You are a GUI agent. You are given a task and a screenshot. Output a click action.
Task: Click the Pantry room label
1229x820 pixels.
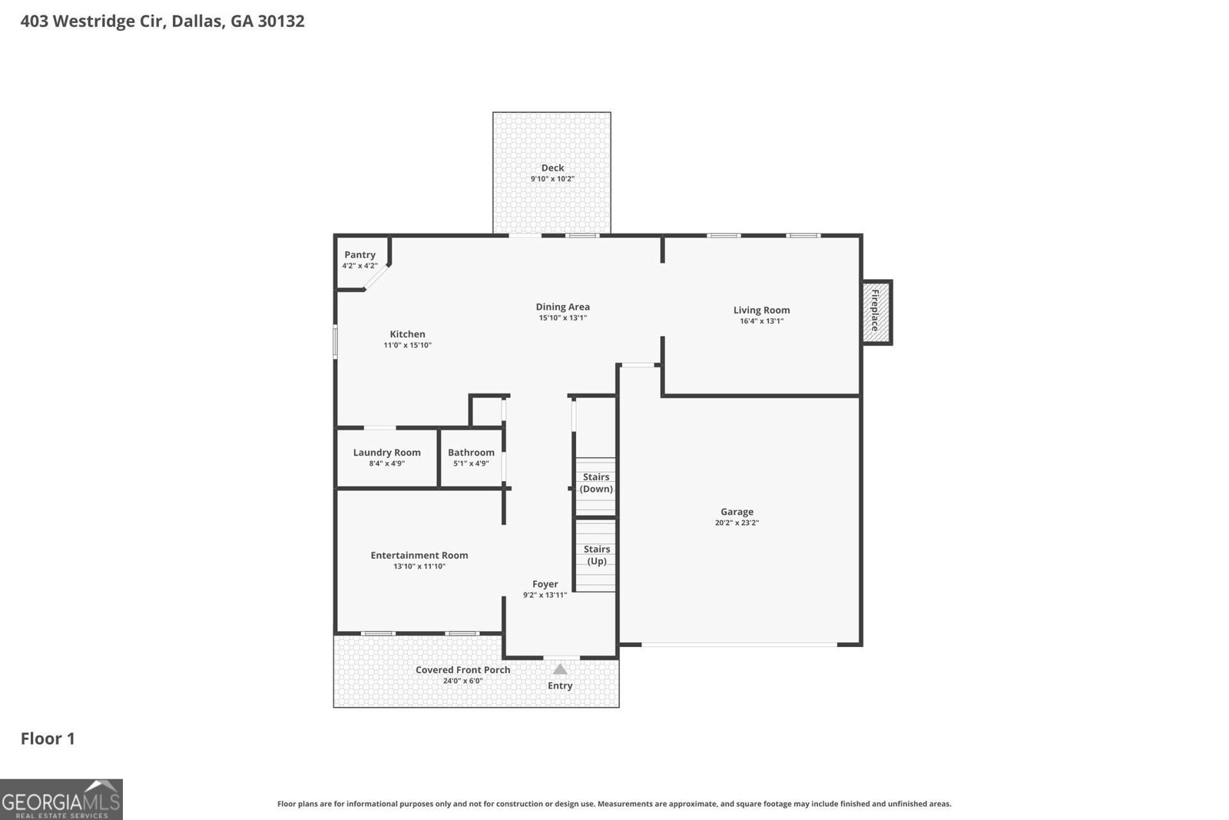tap(359, 254)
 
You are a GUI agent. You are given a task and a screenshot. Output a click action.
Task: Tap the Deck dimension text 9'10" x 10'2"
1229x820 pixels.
tap(552, 179)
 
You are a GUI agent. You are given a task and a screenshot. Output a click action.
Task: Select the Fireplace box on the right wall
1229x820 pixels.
tap(876, 312)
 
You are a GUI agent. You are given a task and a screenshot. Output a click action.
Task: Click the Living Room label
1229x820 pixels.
tap(761, 310)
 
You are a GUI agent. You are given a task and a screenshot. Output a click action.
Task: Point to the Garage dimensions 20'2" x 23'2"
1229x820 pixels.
tap(737, 523)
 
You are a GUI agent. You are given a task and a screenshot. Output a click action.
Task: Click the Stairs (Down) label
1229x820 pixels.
tap(596, 483)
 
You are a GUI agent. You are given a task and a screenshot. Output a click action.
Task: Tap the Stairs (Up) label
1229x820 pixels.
tap(597, 555)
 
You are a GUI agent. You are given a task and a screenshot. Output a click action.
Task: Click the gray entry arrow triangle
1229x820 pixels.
tap(560, 669)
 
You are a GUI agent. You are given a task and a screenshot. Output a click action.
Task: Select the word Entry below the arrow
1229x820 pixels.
tap(560, 686)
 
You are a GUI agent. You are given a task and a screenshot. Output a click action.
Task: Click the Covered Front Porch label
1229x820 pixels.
tap(462, 669)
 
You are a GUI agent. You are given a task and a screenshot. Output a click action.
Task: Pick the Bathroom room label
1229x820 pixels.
tap(471, 452)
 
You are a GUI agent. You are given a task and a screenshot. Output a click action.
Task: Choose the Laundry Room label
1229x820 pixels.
tap(386, 452)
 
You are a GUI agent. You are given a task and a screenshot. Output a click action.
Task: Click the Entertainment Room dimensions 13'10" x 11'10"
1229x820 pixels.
tap(419, 566)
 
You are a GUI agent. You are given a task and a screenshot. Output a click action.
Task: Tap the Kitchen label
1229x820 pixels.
tap(407, 334)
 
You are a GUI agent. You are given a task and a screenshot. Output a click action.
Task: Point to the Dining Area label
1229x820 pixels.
tap(562, 307)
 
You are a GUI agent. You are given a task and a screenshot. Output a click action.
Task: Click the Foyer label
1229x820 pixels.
tap(545, 584)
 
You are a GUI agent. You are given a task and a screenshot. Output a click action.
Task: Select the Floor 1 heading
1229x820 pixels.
tap(48, 739)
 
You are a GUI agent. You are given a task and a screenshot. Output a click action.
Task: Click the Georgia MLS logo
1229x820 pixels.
tap(61, 799)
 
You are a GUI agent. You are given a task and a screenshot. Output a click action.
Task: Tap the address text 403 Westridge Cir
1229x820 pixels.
tap(91, 21)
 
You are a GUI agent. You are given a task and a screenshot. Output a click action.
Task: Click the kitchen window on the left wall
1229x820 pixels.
tap(336, 342)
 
